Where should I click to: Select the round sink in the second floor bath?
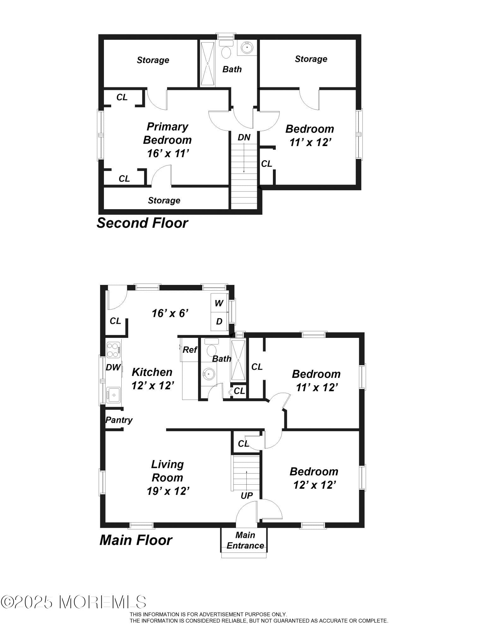247,48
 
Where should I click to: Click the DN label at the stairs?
244,137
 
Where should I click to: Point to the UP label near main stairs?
246,495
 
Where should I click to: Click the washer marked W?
219,303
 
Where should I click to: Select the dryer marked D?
219,321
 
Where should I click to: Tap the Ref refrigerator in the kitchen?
190,350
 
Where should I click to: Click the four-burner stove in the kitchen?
113,350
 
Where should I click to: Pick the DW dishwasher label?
113,367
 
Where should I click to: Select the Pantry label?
118,420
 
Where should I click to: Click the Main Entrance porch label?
245,540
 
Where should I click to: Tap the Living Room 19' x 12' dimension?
168,491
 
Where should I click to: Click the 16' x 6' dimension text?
170,313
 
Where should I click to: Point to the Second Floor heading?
142,223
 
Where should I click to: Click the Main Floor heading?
136,540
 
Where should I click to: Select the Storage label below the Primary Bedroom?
164,200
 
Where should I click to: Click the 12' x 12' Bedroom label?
314,478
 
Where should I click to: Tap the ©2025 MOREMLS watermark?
73,602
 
